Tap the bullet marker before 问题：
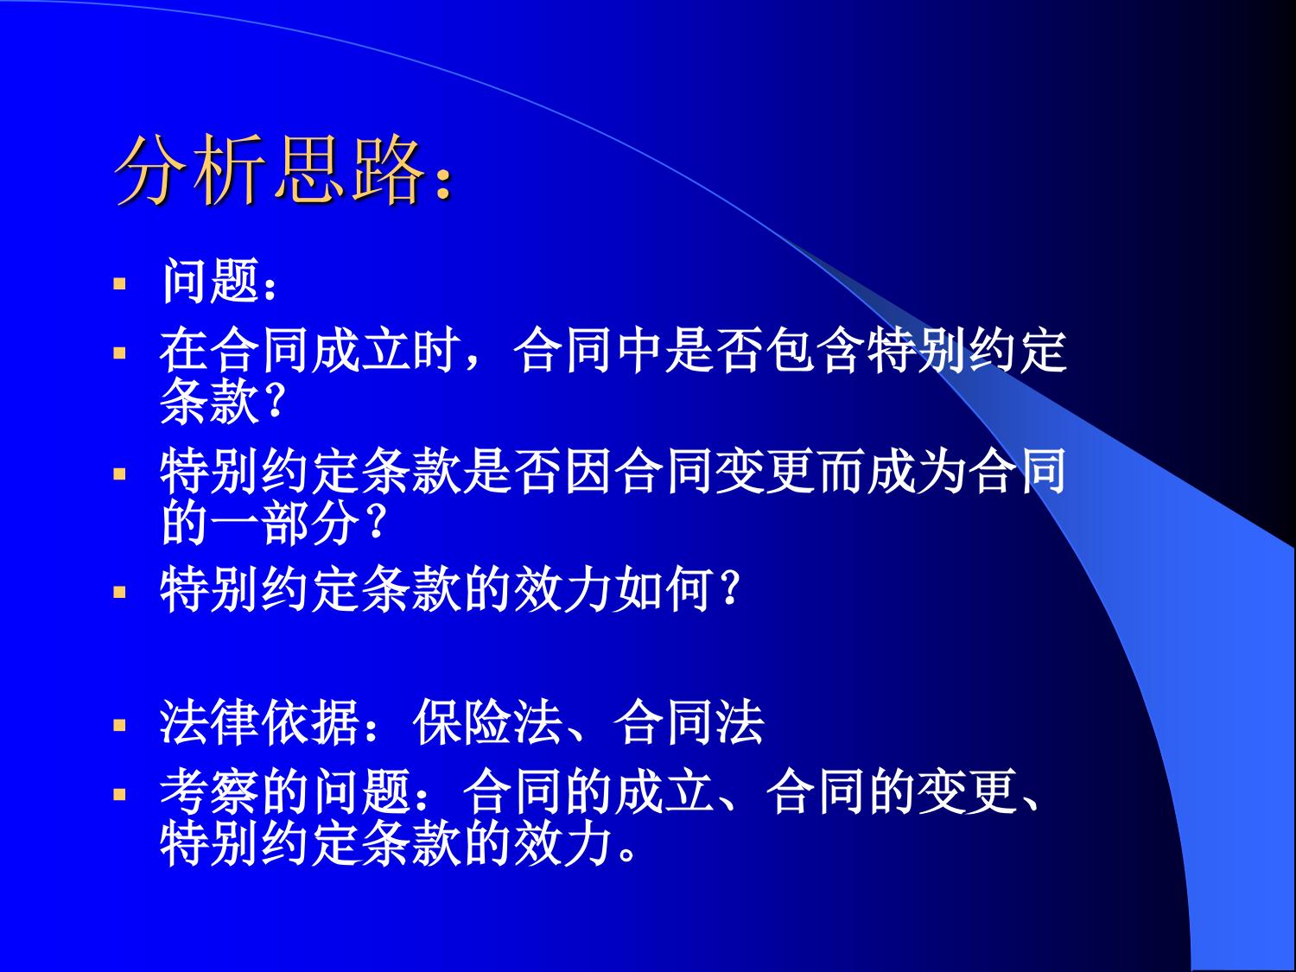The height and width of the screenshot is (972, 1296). point(120,284)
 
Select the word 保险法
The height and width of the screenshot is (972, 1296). point(487,723)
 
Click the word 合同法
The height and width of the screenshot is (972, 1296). point(689,723)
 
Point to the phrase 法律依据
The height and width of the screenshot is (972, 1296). point(260,723)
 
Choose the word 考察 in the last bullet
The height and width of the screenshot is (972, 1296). point(210,792)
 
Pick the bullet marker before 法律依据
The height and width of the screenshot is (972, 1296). point(120,724)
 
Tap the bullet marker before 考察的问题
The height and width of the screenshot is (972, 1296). point(120,794)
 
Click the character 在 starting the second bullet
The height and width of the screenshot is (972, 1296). point(184,351)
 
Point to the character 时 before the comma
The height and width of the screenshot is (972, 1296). point(437,351)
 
